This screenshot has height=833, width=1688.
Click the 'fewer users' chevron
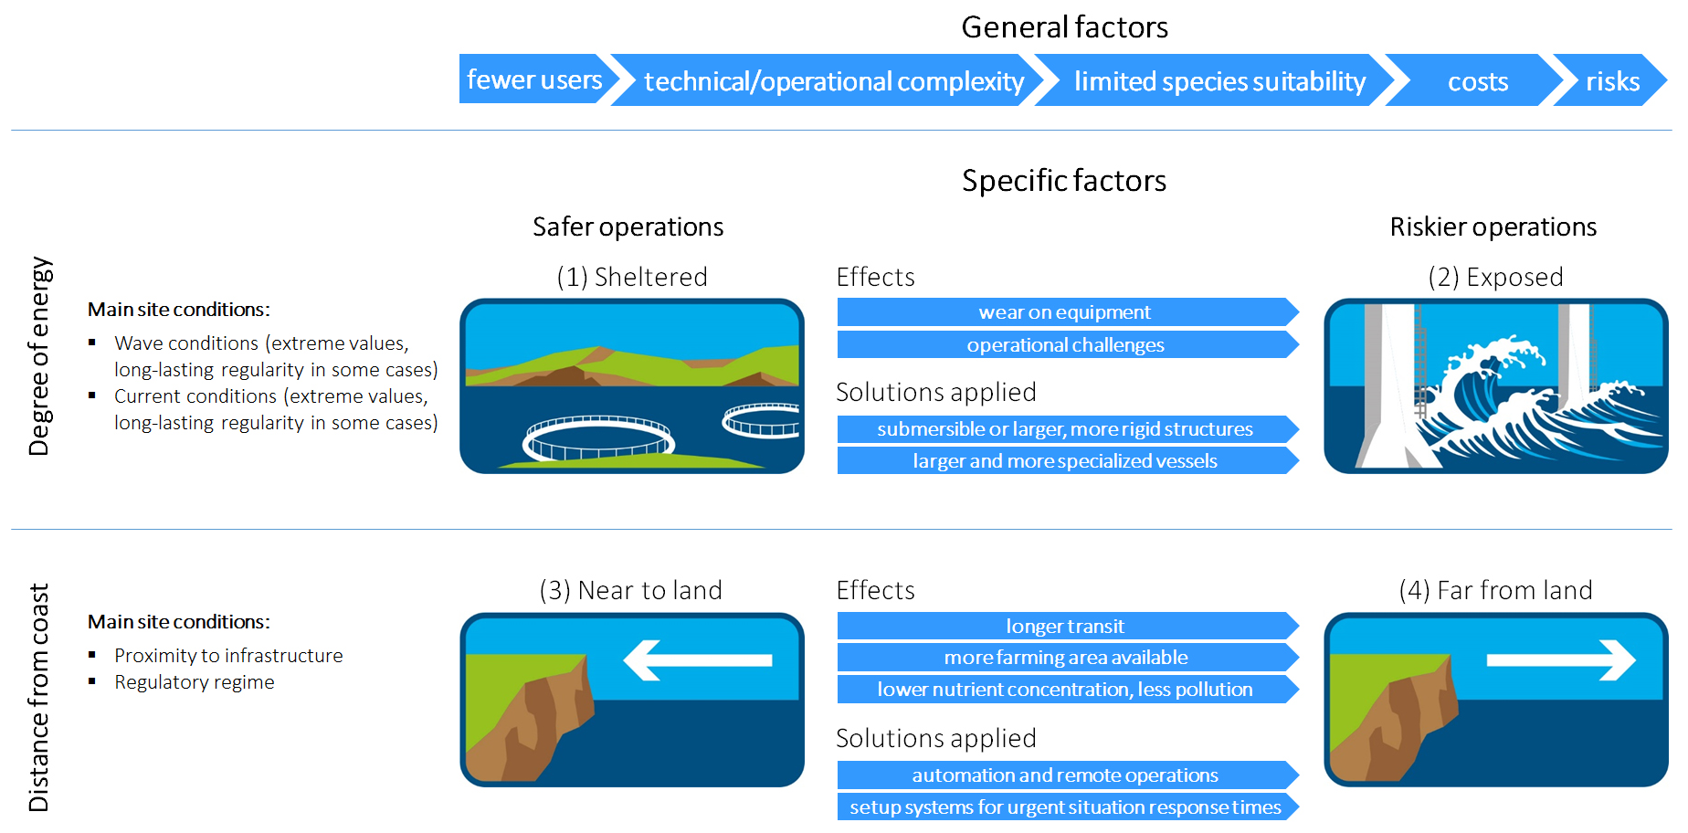coord(534,79)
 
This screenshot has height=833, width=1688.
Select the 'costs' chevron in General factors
coord(1477,81)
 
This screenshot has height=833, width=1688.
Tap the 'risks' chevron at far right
coord(1612,81)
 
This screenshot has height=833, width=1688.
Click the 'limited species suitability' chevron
coord(1219,81)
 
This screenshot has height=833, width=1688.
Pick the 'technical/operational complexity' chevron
coord(833,81)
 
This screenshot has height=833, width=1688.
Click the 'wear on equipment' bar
coord(1065,312)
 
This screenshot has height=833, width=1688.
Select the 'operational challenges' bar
coord(1065,345)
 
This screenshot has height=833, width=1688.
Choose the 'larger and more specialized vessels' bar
coord(1065,461)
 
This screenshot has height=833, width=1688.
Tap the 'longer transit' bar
coord(1065,627)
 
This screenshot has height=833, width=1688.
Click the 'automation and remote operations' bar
coord(1065,775)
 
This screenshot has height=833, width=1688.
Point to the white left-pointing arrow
coord(698,659)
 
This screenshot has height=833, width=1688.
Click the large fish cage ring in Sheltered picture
coord(598,438)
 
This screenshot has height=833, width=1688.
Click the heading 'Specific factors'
coord(1064,181)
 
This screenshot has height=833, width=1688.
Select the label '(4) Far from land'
coord(1495,590)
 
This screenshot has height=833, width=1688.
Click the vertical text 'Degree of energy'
coord(39,356)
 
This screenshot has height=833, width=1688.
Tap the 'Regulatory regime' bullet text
coord(194,682)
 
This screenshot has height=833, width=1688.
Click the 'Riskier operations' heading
coord(1493,227)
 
